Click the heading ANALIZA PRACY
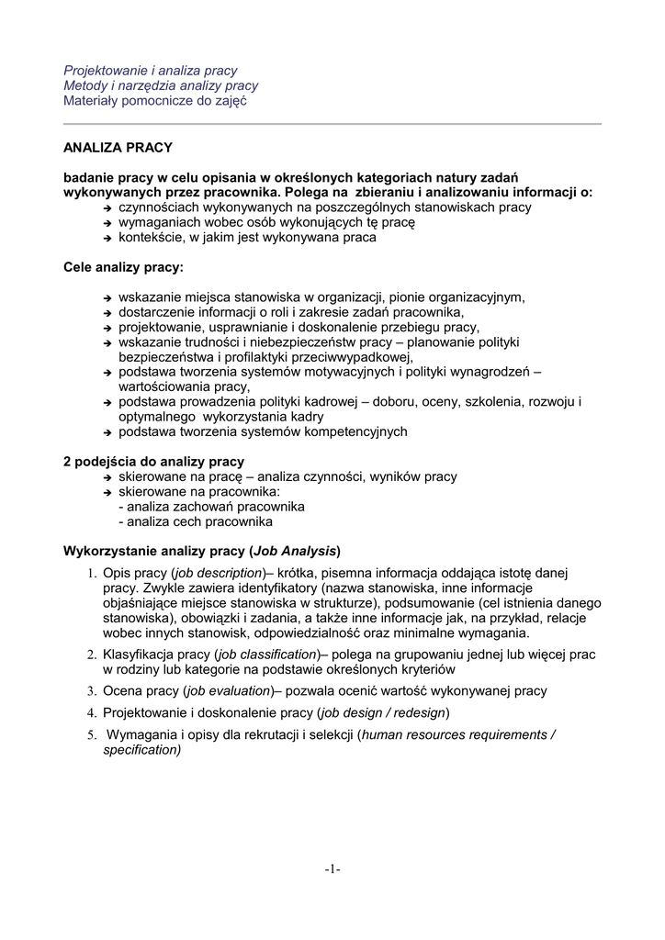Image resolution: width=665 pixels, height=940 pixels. tap(117, 147)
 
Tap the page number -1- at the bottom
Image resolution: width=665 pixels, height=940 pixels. tap(332, 868)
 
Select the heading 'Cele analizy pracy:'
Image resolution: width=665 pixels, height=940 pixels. tap(122, 267)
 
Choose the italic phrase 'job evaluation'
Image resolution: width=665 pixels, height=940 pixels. tap(228, 690)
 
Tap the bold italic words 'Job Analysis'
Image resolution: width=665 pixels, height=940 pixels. tap(295, 551)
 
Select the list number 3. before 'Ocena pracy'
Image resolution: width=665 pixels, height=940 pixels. tap(92, 691)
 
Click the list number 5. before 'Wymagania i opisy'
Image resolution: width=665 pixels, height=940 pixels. tap(92, 735)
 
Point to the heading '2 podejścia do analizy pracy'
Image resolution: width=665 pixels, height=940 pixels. tap(152, 462)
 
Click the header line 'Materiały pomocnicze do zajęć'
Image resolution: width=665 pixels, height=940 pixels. tap(154, 101)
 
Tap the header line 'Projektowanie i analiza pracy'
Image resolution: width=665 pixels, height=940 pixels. tap(150, 71)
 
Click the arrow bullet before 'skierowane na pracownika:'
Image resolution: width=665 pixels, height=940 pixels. tap(107, 493)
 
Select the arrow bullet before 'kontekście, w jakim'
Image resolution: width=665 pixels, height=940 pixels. tap(107, 238)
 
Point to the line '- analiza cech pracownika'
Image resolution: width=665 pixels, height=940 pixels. tap(196, 521)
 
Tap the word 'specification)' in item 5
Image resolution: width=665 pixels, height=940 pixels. tap(142, 749)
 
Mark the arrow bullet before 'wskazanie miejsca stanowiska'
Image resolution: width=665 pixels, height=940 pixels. tap(107, 298)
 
